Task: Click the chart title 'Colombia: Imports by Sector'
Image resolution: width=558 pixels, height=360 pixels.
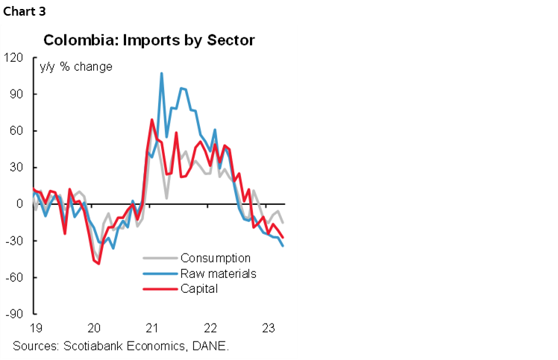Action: pos(149,40)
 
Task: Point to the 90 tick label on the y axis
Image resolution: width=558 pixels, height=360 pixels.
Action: pos(16,94)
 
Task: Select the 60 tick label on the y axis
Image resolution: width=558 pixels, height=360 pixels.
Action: pos(16,130)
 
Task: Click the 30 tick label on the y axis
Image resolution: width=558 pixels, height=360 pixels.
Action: pos(16,167)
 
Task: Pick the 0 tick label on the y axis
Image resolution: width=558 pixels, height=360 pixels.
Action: pos(19,203)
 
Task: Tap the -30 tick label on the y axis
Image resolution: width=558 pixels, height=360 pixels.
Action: pos(15,241)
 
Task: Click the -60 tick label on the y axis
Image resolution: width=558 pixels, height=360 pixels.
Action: pos(15,277)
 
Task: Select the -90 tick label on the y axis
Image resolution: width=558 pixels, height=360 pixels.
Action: pos(15,314)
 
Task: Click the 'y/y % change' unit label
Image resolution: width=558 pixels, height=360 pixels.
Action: pos(76,67)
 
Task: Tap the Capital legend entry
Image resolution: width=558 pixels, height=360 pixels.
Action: pos(198,288)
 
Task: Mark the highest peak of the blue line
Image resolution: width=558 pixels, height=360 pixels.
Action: pos(161,73)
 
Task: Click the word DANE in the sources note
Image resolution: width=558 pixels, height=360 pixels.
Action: pos(210,346)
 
